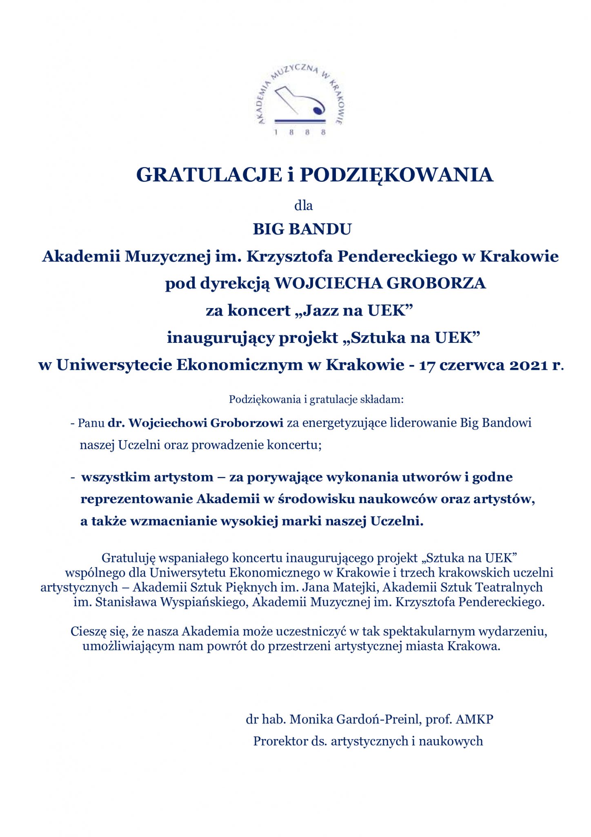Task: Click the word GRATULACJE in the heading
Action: pos(209,175)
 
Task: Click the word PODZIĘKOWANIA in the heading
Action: pos(397,175)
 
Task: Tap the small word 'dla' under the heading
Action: pos(303,205)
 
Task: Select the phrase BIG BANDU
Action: pos(302,229)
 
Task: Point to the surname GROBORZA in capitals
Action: pos(436,283)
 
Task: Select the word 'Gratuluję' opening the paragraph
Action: pos(128,558)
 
